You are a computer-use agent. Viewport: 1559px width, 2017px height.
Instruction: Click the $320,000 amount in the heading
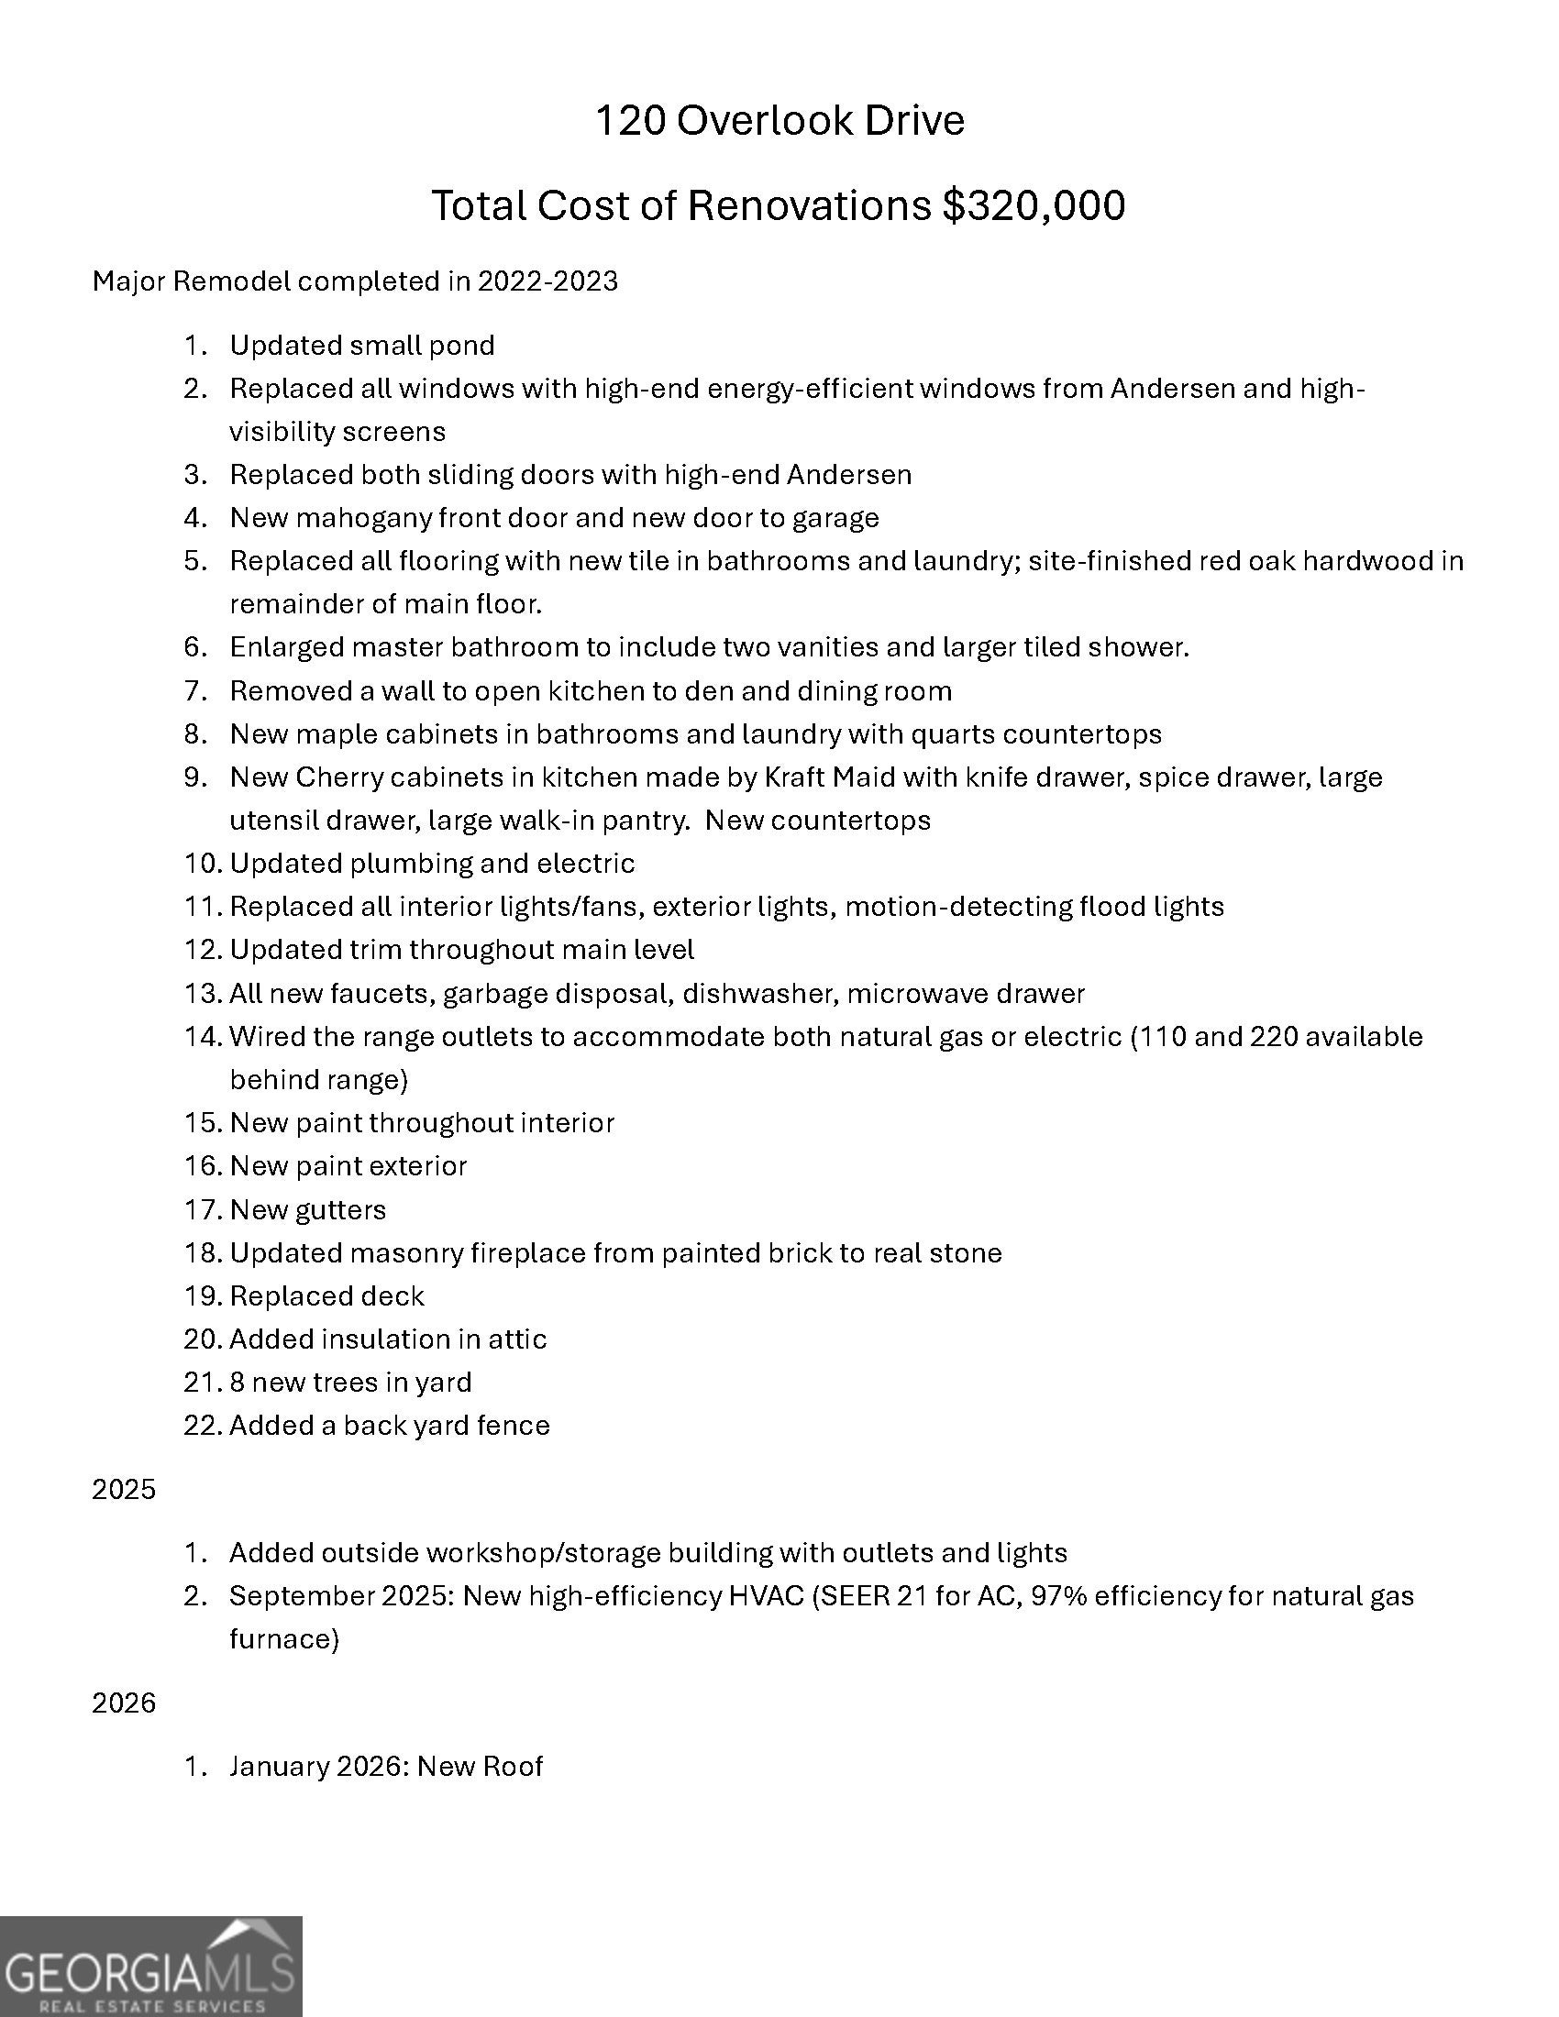[x=1034, y=205]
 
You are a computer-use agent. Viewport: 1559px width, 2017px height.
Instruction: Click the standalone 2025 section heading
[x=124, y=1490]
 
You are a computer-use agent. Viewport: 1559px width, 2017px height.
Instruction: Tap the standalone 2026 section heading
[x=124, y=1703]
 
